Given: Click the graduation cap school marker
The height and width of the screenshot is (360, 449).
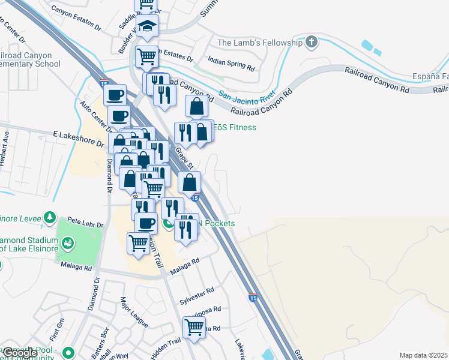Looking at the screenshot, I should click(x=147, y=27).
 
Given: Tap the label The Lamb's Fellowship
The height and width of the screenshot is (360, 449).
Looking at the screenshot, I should click(x=259, y=43).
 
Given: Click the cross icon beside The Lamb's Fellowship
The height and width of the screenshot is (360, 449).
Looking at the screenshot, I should click(x=311, y=42).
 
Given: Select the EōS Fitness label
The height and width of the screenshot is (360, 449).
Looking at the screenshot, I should click(x=235, y=127).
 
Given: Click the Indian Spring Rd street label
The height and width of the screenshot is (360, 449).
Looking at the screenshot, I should click(x=231, y=62).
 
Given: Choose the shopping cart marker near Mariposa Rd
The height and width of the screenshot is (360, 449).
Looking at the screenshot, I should click(x=194, y=327).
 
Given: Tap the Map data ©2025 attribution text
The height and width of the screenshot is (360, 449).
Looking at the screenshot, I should click(x=423, y=355).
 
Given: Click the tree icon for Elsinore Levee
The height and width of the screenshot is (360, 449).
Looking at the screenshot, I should click(x=51, y=216).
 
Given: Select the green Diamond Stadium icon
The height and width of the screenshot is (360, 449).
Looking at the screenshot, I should click(x=69, y=243).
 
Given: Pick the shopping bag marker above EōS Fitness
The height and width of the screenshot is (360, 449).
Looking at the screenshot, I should click(x=196, y=107).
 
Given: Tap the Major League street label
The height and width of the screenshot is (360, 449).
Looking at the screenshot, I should click(x=133, y=312).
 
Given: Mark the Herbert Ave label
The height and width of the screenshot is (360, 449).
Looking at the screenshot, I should click(x=5, y=153).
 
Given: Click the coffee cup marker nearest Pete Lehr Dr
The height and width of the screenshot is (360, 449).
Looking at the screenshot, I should click(x=145, y=224).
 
